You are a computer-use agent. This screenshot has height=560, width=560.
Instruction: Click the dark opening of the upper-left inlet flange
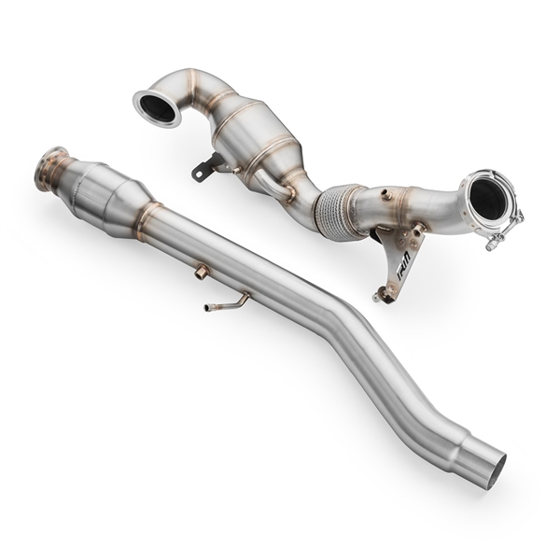[158, 108]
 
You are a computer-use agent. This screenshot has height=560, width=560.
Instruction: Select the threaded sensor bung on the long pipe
[202, 272]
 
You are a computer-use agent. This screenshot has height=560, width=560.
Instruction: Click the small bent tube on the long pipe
[228, 302]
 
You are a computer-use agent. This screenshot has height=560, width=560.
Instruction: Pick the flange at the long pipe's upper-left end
[52, 169]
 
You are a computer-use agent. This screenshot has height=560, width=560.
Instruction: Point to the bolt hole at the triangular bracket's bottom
[381, 297]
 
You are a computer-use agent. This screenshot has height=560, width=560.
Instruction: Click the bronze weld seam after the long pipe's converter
[147, 219]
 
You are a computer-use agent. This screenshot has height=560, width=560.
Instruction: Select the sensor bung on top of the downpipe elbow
[385, 195]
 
